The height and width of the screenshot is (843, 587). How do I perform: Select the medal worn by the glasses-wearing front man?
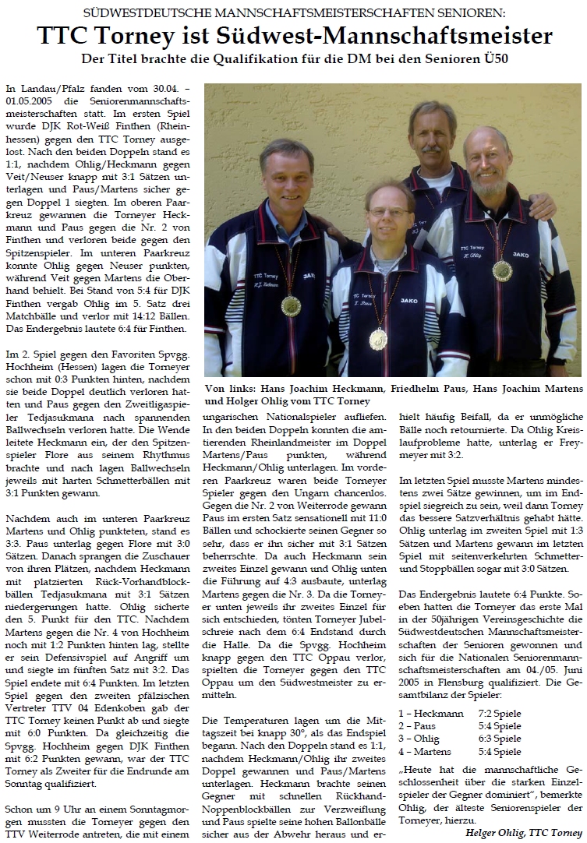point(378,338)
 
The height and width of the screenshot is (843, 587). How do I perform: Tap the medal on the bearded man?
point(502,270)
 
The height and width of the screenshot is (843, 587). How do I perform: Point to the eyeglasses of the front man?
point(389,212)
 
